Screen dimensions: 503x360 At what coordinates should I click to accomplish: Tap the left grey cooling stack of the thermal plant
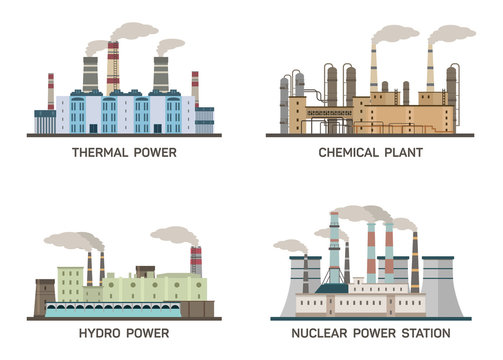coord(90,73)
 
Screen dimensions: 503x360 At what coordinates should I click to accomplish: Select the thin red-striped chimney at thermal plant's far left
coord(51,90)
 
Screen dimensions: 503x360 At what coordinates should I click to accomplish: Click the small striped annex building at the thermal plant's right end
coord(204,120)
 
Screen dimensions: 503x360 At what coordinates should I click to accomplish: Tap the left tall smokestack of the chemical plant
coord(374,70)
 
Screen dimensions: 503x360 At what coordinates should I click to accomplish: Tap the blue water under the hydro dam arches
coord(120,311)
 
